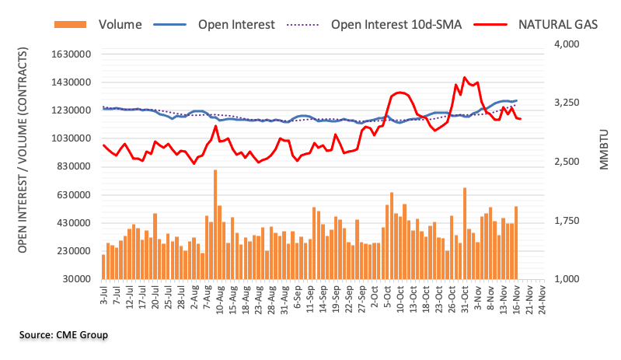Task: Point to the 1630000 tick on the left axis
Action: click(x=68, y=54)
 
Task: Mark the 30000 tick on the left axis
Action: click(x=75, y=279)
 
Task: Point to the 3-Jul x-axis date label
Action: click(x=103, y=297)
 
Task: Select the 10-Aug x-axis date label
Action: click(x=220, y=299)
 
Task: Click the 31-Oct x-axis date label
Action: click(x=466, y=299)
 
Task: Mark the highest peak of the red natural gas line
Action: click(x=464, y=77)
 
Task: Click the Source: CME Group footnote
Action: click(x=64, y=335)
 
